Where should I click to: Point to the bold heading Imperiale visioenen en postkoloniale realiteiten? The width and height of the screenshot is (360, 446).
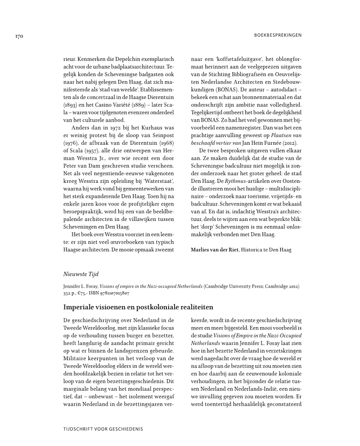tap(138, 308)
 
